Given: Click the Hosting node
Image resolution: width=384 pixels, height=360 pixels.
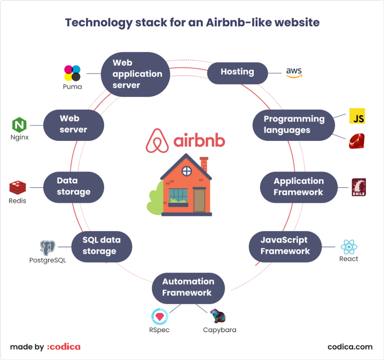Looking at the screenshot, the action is pos(238,73).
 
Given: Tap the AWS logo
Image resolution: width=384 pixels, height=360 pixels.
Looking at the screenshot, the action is pos(294,73).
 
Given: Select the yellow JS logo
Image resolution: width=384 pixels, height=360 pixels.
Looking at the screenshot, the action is pos(357,116).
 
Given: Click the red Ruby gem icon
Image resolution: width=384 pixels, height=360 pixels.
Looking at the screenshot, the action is pos(357,141).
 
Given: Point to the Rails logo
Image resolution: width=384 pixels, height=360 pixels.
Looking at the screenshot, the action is pos(359,187).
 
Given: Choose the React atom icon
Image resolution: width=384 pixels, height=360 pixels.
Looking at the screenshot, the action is pos(349,247).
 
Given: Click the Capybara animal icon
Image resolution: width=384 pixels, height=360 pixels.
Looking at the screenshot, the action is pos(218,316).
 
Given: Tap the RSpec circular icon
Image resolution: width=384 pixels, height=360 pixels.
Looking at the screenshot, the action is pos(160,317).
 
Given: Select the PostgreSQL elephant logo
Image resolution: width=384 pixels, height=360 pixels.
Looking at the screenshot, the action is pos(48,248).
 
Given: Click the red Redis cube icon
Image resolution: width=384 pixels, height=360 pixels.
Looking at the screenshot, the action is pos(18,187).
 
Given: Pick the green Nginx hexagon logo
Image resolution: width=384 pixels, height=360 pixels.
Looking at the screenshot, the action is pos(19,125).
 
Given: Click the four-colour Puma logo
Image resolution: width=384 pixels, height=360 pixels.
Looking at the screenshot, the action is pos(72,73).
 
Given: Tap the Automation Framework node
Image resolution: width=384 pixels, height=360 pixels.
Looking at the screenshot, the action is pos(188,288).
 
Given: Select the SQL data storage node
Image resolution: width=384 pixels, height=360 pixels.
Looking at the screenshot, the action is pos(101,247).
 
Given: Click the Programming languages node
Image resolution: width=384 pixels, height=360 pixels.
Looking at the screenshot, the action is pos(293,125).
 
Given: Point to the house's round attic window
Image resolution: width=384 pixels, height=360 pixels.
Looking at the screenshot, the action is pos(187,171).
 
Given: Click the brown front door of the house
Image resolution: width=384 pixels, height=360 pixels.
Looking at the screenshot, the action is pos(199,201).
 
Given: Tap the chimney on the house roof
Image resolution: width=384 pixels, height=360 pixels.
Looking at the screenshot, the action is pos(204,164).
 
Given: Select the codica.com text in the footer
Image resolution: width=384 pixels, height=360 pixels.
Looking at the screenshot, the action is pos(350,347).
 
